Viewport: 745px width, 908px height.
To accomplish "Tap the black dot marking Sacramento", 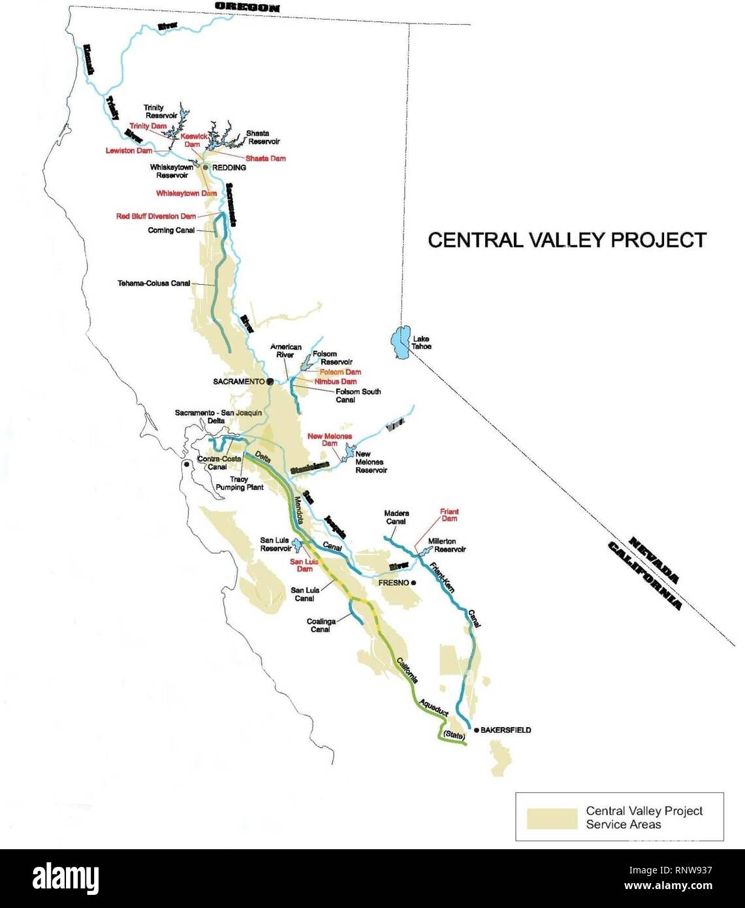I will (x=269, y=381).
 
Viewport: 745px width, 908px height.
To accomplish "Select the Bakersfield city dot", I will (x=476, y=730).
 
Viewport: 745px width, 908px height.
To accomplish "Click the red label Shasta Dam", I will (x=265, y=158).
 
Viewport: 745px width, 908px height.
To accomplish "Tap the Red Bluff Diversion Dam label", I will (x=156, y=216).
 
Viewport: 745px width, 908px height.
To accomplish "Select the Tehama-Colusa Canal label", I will (x=154, y=284).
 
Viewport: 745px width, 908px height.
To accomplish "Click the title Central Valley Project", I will (x=567, y=240).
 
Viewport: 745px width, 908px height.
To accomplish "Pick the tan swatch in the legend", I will (x=552, y=818).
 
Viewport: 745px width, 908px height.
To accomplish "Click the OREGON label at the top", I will (x=247, y=8).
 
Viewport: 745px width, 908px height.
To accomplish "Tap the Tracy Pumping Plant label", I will (x=239, y=483).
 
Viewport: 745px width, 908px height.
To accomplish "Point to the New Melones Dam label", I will (x=330, y=440).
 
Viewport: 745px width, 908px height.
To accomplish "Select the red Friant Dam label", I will (x=449, y=515).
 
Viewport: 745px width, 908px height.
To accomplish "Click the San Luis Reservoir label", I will (x=276, y=544).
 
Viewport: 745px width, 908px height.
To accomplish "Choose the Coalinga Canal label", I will (x=321, y=625).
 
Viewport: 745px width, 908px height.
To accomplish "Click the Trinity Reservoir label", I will (x=160, y=111).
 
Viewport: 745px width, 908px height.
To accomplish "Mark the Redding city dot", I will (x=205, y=168).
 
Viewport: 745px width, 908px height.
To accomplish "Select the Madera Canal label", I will (x=396, y=517).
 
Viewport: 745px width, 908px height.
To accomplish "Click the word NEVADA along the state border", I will (x=655, y=559).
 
